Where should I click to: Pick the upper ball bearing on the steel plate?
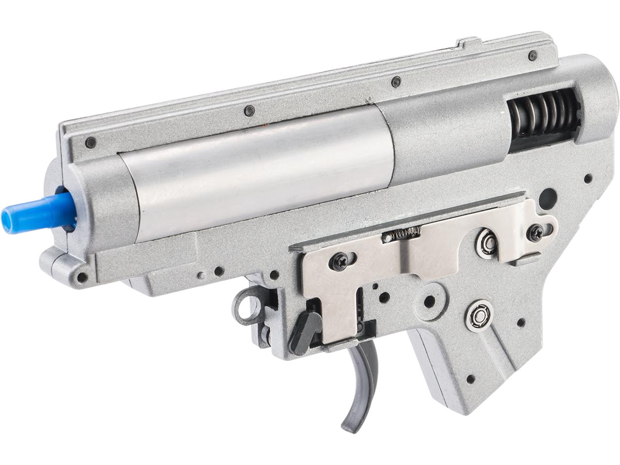[487, 243]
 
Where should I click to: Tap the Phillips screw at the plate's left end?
[340, 261]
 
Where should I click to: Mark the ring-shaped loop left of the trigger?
[248, 306]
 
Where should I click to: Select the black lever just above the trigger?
[305, 331]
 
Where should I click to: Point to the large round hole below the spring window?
[548, 197]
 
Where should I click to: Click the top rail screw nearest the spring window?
[533, 55]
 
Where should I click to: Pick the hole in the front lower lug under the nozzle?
[82, 277]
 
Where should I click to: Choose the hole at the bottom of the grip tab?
[470, 379]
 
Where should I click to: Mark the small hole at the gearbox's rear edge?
[588, 178]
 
